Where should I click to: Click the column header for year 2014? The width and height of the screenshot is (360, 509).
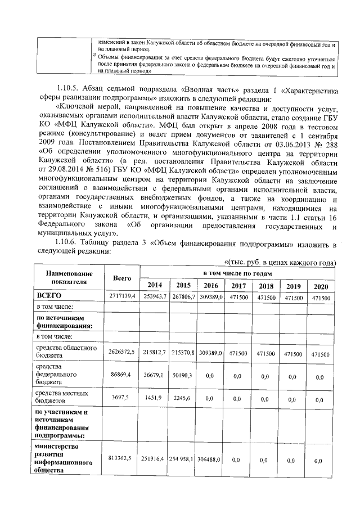(154, 285)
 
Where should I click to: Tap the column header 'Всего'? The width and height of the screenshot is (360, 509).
(122, 278)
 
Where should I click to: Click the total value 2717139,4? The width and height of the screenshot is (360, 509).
(122, 296)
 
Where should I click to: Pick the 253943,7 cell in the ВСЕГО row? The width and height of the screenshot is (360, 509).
(154, 296)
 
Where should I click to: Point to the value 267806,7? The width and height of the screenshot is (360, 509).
(183, 296)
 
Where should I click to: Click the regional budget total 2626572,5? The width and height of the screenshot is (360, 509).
(122, 352)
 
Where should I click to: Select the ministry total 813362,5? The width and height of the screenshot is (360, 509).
(122, 459)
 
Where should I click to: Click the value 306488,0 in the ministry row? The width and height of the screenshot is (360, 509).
(211, 460)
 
